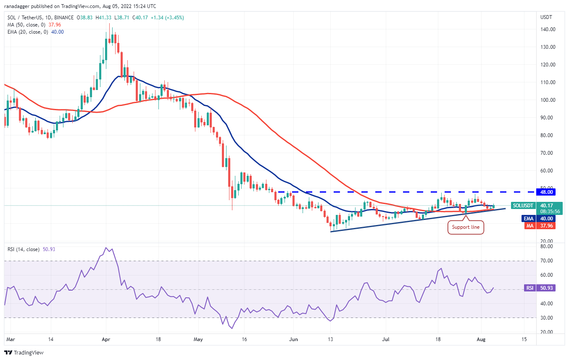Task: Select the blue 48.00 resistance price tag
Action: click(547, 192)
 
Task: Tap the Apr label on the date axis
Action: click(106, 339)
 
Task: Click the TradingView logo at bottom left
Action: click(24, 352)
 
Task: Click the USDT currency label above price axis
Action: click(546, 17)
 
